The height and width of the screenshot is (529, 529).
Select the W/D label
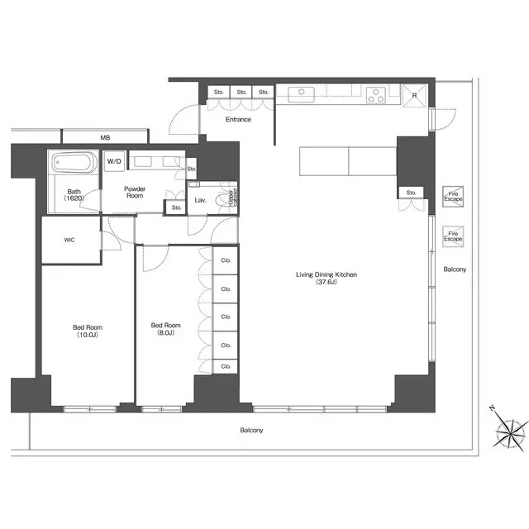(113, 162)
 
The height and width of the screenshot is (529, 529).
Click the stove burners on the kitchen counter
(376, 94)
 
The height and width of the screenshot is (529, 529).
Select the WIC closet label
(70, 241)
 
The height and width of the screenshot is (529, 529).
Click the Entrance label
(238, 120)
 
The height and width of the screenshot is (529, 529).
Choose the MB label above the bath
(105, 137)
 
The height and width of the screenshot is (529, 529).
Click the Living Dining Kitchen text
(327, 278)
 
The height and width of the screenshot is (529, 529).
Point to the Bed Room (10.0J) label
(87, 330)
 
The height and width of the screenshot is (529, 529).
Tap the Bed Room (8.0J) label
(166, 330)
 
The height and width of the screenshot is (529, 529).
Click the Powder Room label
(135, 193)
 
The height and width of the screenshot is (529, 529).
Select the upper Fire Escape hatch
(453, 196)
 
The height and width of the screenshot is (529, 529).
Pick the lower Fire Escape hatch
(453, 236)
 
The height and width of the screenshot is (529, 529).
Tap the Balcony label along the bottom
(251, 431)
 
